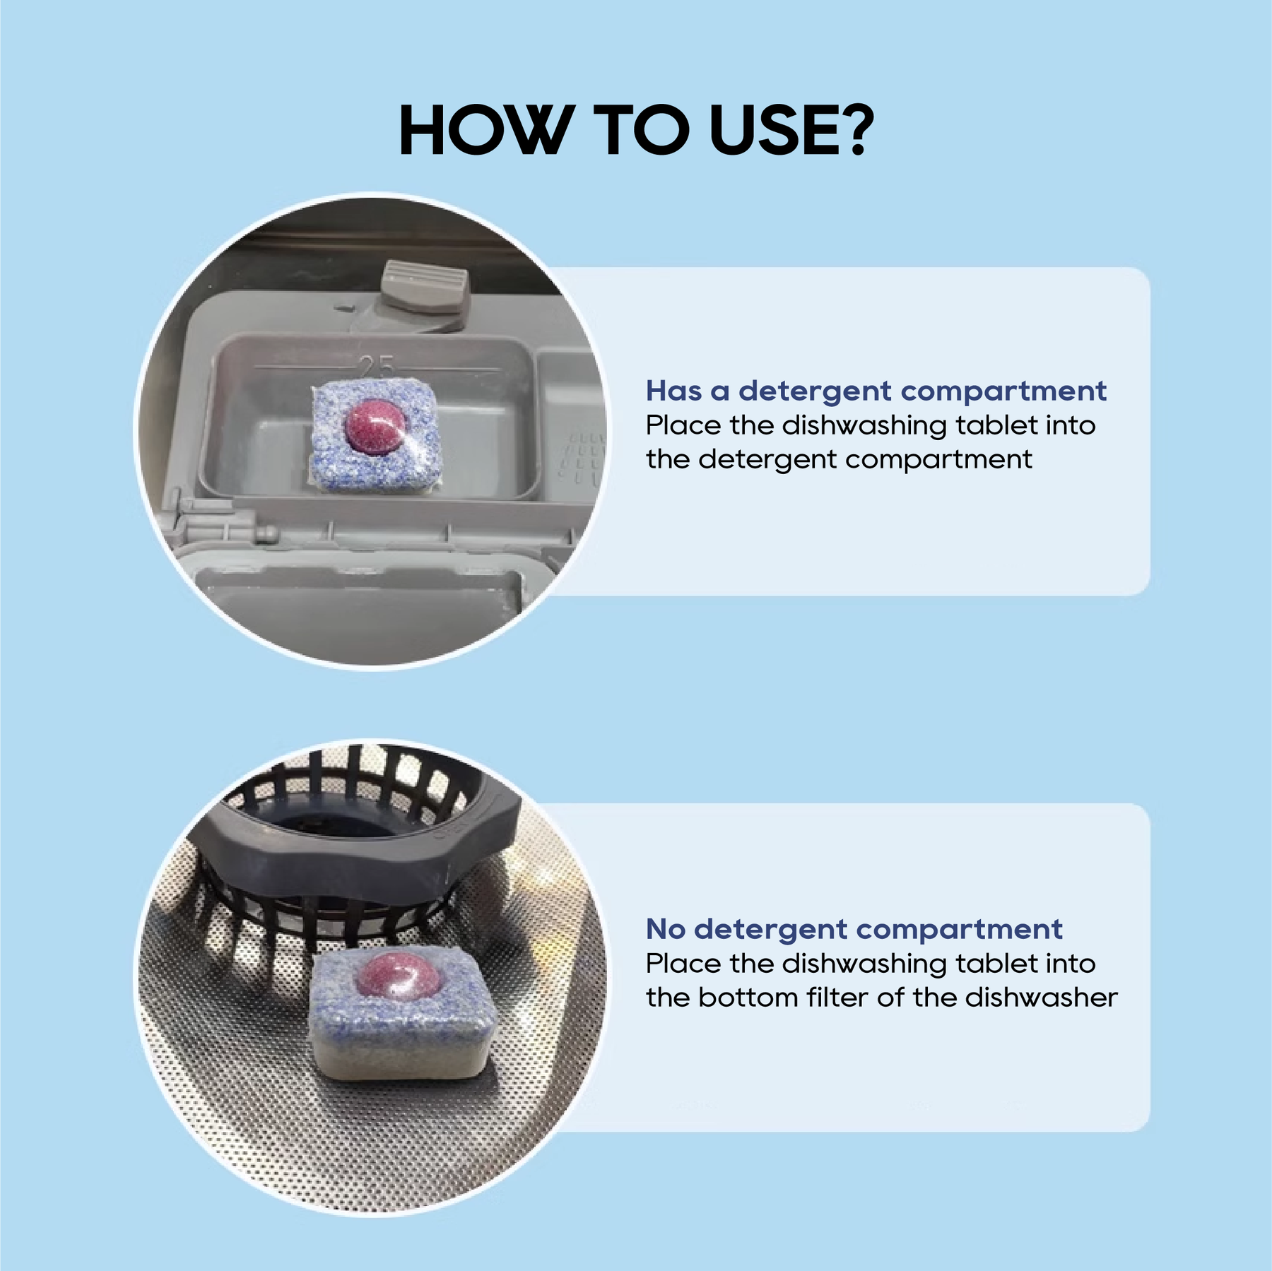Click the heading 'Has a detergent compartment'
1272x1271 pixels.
click(876, 391)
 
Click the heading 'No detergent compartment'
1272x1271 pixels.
click(854, 929)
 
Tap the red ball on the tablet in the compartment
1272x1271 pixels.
click(375, 424)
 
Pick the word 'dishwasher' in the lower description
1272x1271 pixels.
click(1042, 997)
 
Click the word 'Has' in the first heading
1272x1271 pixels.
click(673, 391)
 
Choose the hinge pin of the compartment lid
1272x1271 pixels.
click(266, 533)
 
